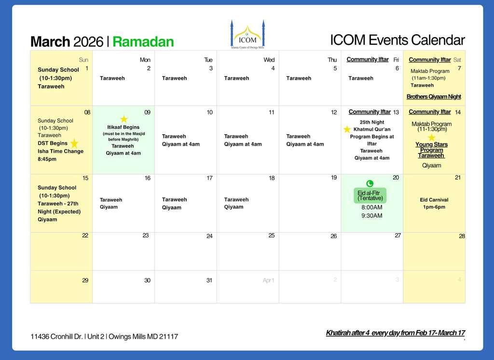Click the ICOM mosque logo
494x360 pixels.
tap(247, 34)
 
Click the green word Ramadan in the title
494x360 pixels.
tap(143, 42)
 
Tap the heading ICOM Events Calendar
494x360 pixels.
tap(398, 40)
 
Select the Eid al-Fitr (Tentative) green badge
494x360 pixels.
tap(370, 195)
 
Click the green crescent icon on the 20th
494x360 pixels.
tap(370, 183)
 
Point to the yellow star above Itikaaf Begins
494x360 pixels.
tap(124, 119)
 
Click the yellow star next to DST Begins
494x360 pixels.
tap(74, 143)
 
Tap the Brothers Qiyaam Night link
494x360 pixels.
tap(434, 97)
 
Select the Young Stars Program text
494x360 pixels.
tap(431, 147)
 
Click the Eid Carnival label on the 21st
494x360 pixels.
tap(434, 200)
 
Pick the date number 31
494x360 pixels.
tap(209, 280)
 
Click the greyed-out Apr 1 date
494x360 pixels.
tap(268, 280)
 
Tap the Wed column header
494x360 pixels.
tap(269, 59)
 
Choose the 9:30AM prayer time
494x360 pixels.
tap(372, 216)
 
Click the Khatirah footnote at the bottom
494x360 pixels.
tap(396, 333)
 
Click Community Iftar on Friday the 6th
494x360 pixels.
tap(368, 59)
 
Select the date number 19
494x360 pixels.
tap(334, 178)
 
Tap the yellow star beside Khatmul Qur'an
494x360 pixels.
tap(347, 129)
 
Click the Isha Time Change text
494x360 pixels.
tap(60, 151)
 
